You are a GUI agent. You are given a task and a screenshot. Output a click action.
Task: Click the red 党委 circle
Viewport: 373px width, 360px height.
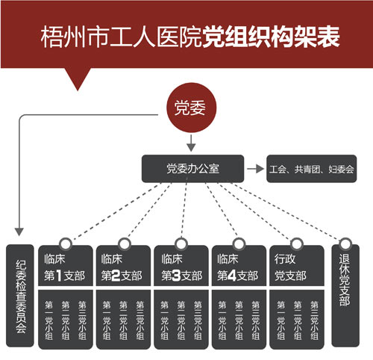click(x=191, y=108)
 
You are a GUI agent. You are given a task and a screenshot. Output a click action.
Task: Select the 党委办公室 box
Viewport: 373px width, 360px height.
click(x=192, y=169)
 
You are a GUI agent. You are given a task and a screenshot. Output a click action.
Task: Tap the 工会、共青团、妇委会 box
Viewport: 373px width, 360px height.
click(x=312, y=169)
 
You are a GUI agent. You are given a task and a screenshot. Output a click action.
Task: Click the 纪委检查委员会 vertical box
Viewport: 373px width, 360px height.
click(x=20, y=296)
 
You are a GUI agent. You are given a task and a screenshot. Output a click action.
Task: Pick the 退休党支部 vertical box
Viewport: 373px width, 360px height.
click(x=345, y=296)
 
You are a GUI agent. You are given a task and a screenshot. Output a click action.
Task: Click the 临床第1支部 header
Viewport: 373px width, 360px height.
click(x=66, y=266)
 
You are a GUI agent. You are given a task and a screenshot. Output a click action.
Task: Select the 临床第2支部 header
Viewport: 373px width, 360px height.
click(x=123, y=266)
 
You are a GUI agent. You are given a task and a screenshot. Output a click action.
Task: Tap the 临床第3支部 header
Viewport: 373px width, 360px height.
click(x=181, y=266)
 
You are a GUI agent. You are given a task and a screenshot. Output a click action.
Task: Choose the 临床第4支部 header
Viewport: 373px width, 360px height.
click(x=239, y=266)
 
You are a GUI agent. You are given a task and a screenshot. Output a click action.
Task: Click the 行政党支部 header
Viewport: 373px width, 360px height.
click(x=297, y=266)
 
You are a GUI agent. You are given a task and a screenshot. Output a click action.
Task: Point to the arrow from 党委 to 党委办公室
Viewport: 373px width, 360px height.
click(x=191, y=143)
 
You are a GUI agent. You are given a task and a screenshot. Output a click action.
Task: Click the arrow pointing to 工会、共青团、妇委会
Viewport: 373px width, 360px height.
click(x=255, y=169)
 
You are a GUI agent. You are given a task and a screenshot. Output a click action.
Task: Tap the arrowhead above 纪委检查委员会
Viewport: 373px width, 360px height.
click(x=19, y=232)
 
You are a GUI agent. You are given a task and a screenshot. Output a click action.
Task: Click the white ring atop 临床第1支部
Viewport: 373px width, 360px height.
click(x=66, y=243)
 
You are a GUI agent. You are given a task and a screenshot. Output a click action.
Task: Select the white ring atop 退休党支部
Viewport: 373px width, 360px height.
click(x=345, y=243)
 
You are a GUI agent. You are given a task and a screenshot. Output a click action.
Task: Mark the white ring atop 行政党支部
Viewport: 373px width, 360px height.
click(x=297, y=243)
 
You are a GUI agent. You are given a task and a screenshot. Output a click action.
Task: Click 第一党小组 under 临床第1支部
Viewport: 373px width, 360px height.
click(x=48, y=320)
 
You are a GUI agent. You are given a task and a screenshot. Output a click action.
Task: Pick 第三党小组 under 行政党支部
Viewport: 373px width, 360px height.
click(x=314, y=320)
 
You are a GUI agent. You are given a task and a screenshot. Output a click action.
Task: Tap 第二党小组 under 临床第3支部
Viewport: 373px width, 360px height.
click(x=181, y=320)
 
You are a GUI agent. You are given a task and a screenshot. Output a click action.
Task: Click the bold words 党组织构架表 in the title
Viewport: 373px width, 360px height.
click(x=271, y=37)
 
